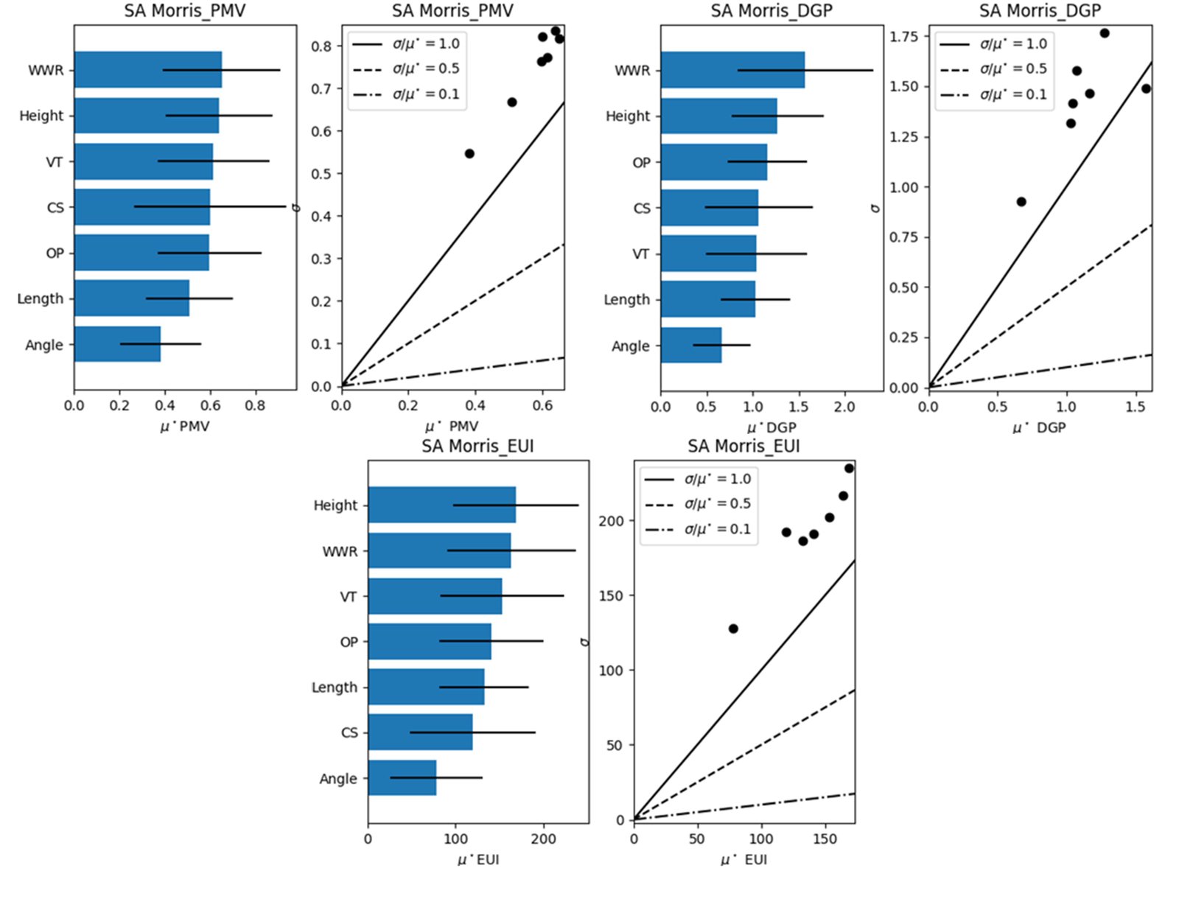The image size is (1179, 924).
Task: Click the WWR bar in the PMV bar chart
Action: [x=147, y=70]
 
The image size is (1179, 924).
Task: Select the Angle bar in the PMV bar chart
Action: [x=117, y=344]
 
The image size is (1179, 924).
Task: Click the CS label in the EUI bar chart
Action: [x=349, y=732]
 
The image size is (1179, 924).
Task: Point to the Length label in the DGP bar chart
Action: [x=626, y=300]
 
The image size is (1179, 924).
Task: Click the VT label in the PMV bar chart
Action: [x=55, y=162]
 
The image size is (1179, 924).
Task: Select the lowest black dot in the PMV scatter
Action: [x=469, y=154]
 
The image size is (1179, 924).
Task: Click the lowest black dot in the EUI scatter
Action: [x=733, y=629]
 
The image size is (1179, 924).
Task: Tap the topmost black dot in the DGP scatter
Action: [x=1104, y=33]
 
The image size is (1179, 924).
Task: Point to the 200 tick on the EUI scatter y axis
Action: [x=611, y=521]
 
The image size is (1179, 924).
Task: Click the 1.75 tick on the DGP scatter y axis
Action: [x=904, y=36]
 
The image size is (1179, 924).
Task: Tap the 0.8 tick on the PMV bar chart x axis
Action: [x=255, y=405]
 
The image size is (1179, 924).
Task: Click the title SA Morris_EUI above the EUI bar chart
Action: [x=477, y=447]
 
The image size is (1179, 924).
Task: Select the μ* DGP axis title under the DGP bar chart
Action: [x=772, y=427]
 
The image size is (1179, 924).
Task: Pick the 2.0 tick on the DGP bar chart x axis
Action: [x=844, y=407]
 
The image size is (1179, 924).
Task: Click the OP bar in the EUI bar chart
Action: [x=430, y=642]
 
